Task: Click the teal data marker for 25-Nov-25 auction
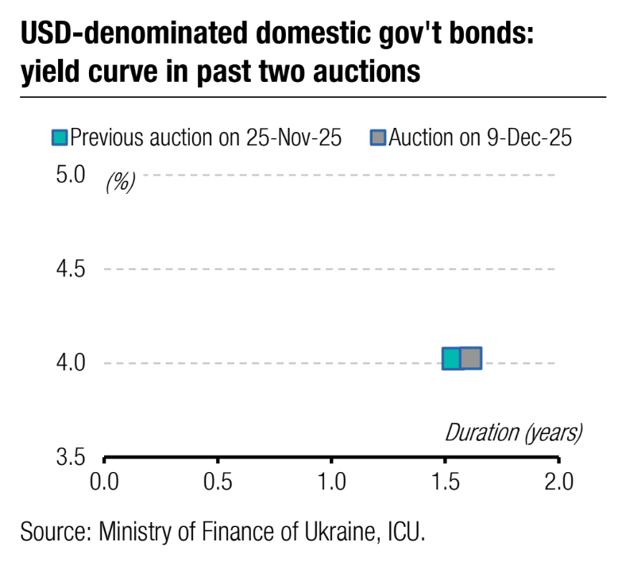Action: pyautogui.click(x=451, y=359)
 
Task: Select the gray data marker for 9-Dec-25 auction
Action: pyautogui.click(x=471, y=358)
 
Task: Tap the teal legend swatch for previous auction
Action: pyautogui.click(x=60, y=138)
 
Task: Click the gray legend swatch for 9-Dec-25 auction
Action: pyautogui.click(x=379, y=138)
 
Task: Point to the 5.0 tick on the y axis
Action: pyautogui.click(x=70, y=174)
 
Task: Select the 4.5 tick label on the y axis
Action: pyautogui.click(x=70, y=269)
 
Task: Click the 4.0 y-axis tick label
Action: pyautogui.click(x=70, y=363)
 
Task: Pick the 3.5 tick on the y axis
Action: pyautogui.click(x=70, y=459)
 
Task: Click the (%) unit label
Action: pyautogui.click(x=121, y=183)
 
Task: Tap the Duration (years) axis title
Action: pyautogui.click(x=513, y=433)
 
